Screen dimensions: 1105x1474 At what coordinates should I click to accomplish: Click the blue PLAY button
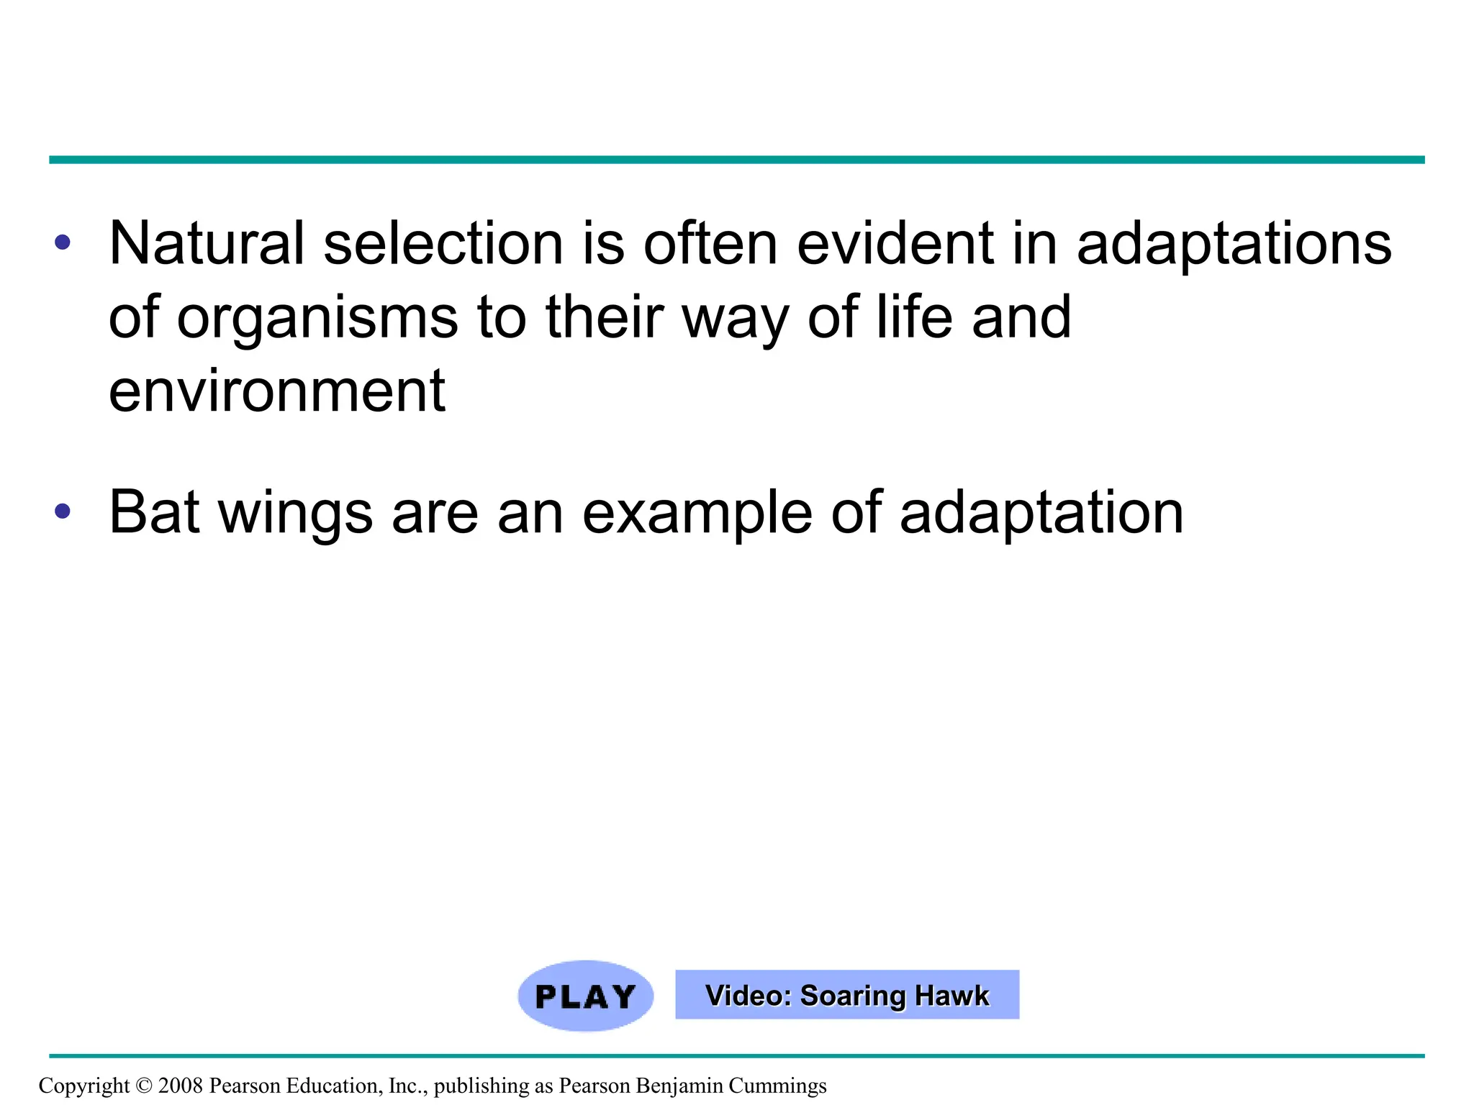pyautogui.click(x=585, y=996)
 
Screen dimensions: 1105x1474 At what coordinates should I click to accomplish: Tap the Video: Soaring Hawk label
pyautogui.click(x=846, y=995)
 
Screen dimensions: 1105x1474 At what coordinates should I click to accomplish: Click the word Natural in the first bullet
pyautogui.click(x=207, y=243)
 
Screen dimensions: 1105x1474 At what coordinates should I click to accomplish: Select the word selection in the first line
pyautogui.click(x=443, y=243)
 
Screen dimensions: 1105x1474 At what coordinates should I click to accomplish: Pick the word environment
pyautogui.click(x=277, y=391)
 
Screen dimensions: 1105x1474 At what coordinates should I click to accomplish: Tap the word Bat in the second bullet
pyautogui.click(x=154, y=512)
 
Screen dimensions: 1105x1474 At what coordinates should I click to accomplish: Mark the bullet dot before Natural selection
pyautogui.click(x=63, y=242)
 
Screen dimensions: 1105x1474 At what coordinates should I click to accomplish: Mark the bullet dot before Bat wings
pyautogui.click(x=63, y=511)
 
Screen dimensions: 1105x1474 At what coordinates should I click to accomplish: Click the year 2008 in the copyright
pyautogui.click(x=180, y=1086)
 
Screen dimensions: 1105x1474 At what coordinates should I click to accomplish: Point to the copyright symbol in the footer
pyautogui.click(x=144, y=1086)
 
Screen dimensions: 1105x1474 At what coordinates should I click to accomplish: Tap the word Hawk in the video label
pyautogui.click(x=952, y=996)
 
